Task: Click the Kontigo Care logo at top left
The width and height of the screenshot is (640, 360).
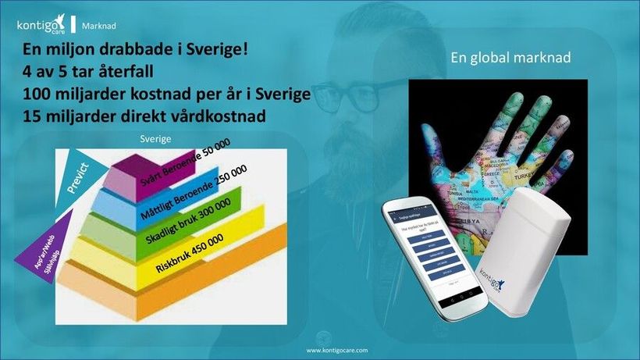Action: click(41, 25)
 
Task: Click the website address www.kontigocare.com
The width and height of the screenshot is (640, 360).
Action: click(337, 351)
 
